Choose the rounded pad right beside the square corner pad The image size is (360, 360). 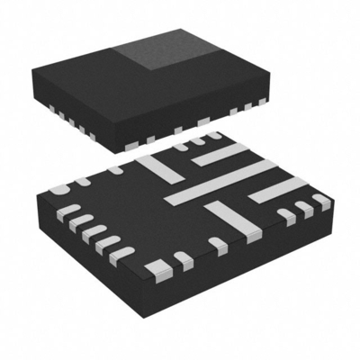tap(183, 260)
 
